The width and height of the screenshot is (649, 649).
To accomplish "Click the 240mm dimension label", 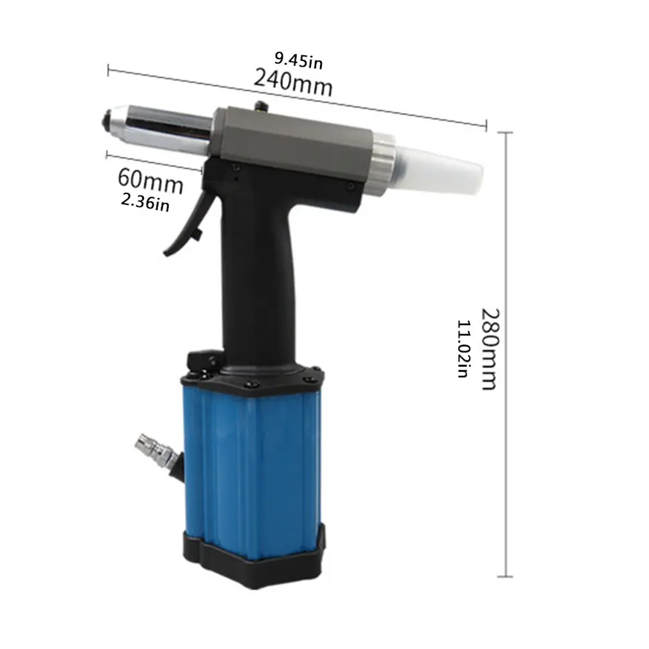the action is tap(293, 82).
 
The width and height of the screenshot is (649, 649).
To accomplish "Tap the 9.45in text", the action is tap(298, 60).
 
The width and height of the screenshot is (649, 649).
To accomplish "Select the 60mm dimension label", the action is tap(150, 181).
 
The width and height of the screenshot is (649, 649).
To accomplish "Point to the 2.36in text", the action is tap(145, 202).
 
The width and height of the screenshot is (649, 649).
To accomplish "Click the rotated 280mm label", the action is tap(490, 349).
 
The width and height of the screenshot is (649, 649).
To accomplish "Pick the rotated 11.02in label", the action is tap(463, 348).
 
